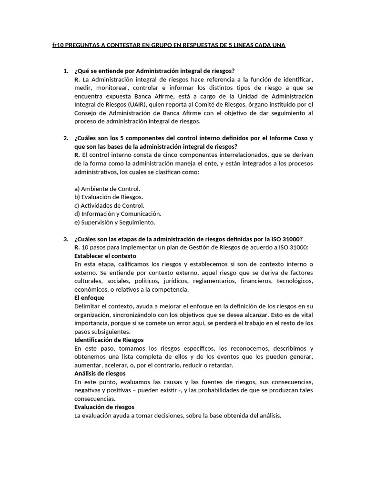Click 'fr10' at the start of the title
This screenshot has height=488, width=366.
[58, 45]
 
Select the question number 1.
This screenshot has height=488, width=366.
[66, 71]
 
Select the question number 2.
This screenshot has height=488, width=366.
[66, 138]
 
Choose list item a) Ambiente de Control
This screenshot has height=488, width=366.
[107, 189]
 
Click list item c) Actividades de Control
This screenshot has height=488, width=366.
[109, 205]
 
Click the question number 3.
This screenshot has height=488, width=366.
[66, 239]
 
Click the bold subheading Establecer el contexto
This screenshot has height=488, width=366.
[105, 255]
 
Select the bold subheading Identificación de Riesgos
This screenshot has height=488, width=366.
[109, 340]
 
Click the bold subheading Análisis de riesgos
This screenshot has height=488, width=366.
[100, 373]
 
